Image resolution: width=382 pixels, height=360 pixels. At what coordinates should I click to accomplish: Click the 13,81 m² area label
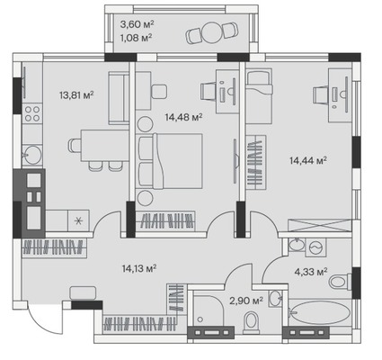point(76,95)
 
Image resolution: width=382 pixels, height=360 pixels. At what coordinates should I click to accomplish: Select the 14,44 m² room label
point(308,160)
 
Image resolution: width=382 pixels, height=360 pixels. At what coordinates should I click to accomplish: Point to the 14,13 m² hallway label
point(139,268)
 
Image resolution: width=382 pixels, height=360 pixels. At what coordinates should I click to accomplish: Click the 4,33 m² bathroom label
point(310,272)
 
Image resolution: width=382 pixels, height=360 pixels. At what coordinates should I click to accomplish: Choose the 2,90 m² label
point(246,300)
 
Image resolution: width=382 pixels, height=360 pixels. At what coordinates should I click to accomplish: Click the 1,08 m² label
point(135,38)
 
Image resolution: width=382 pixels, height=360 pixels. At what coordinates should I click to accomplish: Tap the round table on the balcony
point(212,33)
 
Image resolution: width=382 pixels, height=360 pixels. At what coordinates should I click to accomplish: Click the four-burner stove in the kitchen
point(32,113)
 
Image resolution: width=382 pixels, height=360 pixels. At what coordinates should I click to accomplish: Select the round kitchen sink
point(32,155)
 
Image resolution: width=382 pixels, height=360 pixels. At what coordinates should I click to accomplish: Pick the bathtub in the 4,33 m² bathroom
point(320,312)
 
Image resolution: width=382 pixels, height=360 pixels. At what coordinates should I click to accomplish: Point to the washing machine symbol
point(315,248)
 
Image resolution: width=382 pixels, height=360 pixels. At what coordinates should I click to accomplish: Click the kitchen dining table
point(104,146)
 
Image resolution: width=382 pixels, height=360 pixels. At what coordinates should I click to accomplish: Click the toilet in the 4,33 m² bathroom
point(340,282)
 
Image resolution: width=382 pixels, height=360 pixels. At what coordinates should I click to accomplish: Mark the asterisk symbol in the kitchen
point(78,221)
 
